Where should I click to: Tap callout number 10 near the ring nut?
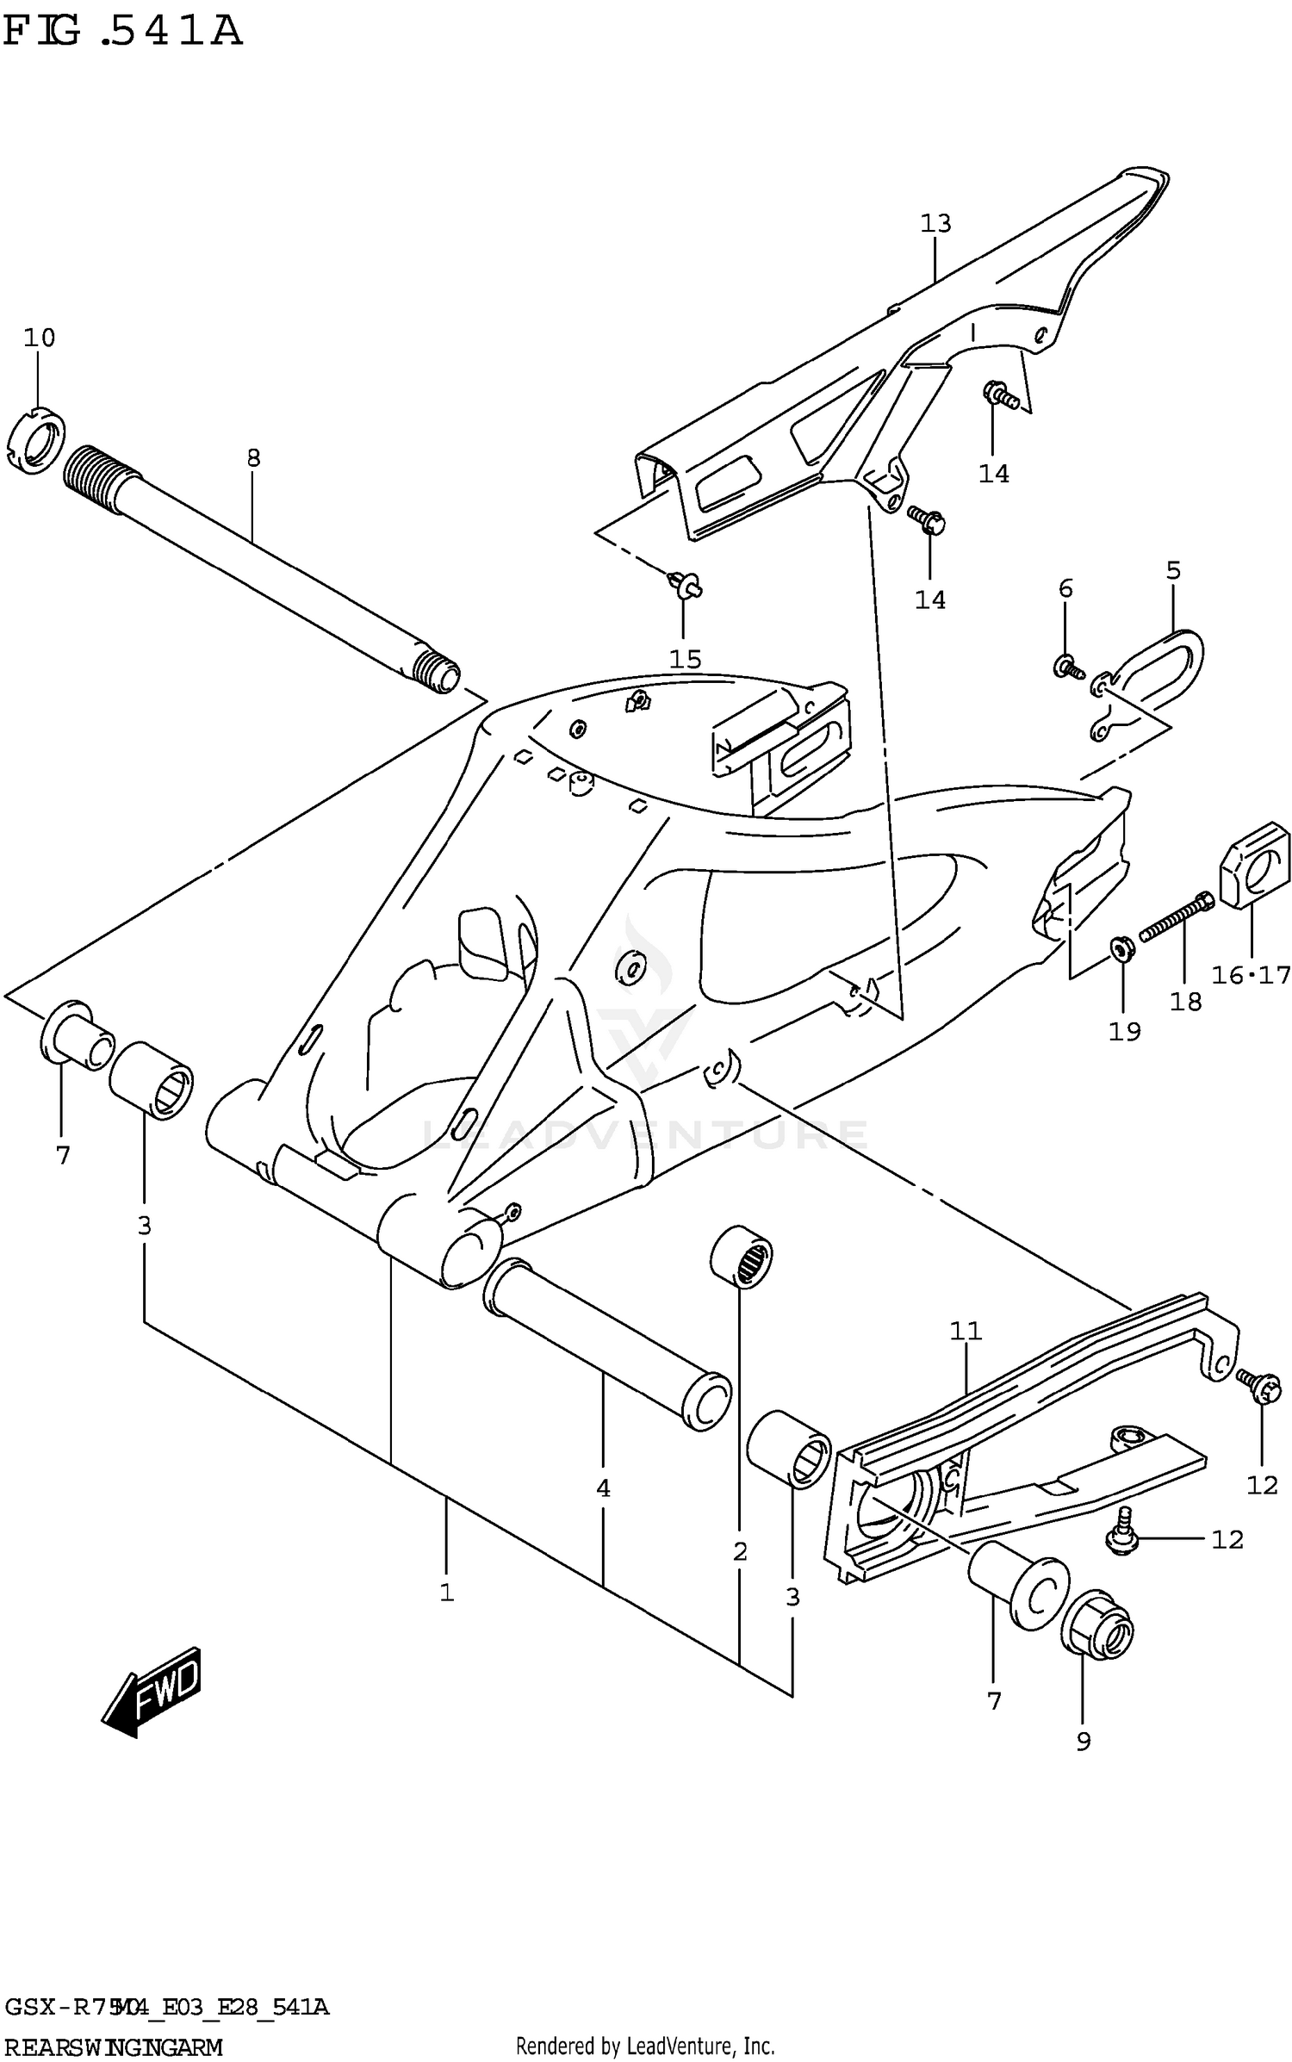(39, 338)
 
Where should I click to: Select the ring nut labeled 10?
(40, 438)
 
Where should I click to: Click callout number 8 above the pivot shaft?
(252, 458)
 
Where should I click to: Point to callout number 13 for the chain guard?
(935, 224)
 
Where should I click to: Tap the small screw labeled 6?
(1067, 665)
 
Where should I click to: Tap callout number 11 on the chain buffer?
(966, 1332)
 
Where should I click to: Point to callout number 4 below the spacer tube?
(603, 1488)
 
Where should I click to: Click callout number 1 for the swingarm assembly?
(446, 1593)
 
